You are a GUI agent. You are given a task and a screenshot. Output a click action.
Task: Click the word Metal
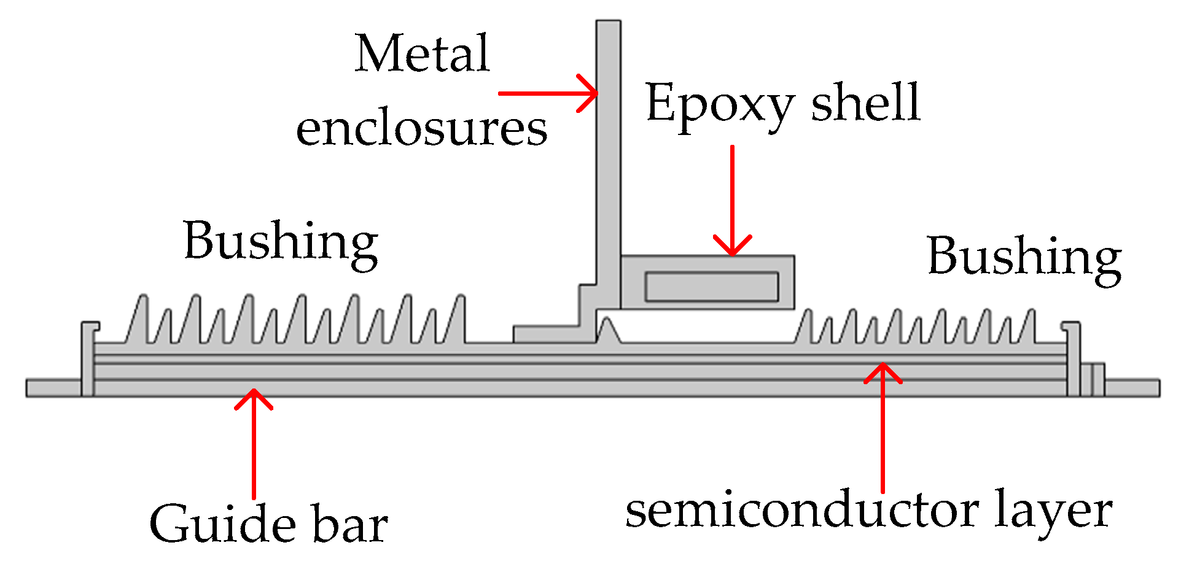coord(422,54)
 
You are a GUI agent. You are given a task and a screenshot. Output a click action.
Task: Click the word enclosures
coord(421,129)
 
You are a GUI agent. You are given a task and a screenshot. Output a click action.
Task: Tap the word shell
coord(866,102)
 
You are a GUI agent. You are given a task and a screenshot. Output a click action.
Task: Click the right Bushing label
coord(1024,257)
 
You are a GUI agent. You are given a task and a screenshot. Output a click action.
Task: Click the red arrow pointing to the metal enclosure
coord(547,93)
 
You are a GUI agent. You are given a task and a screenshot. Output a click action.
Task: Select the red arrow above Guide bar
coord(254,442)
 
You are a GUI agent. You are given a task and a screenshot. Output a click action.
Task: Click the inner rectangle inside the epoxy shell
coord(712,287)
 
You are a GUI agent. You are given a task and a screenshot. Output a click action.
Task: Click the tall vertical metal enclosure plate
coord(609,153)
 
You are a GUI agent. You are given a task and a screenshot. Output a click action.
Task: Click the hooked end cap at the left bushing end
coord(88,356)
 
